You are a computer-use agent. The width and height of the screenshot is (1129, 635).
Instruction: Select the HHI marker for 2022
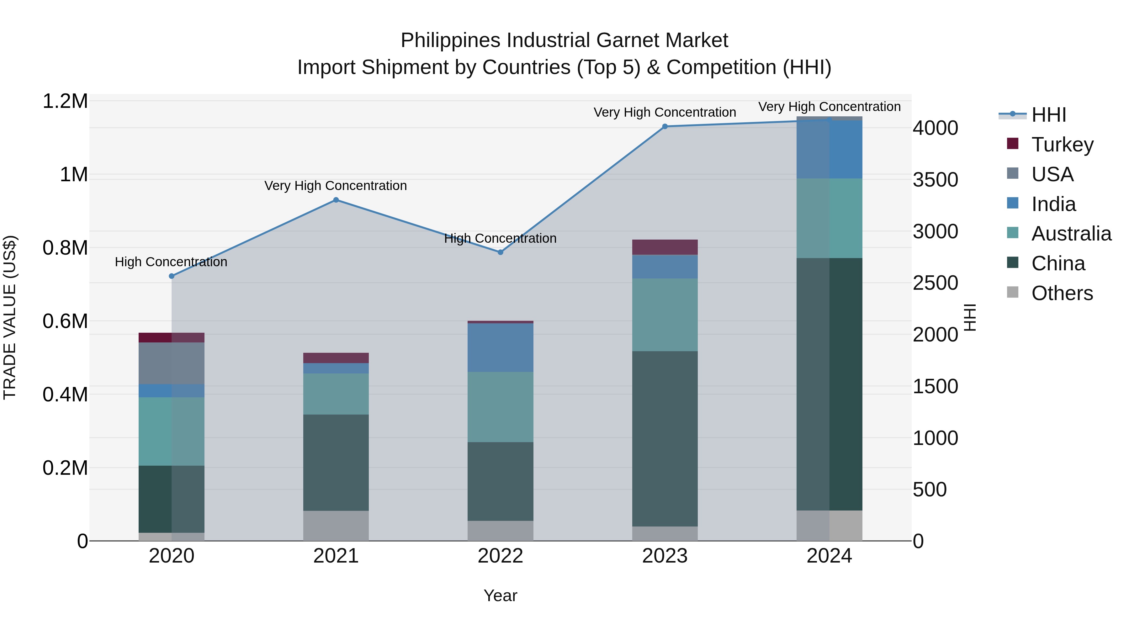point(501,252)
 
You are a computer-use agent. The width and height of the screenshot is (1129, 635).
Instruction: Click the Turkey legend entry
point(1063,145)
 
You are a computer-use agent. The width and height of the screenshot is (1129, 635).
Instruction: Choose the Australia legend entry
point(1071,234)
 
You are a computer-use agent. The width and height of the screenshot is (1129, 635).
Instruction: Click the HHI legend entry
point(1048,115)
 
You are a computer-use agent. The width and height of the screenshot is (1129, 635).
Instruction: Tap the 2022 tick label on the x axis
point(501,556)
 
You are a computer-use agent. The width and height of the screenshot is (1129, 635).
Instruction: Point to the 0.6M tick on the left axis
point(65,321)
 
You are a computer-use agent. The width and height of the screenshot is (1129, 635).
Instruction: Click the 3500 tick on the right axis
point(935,180)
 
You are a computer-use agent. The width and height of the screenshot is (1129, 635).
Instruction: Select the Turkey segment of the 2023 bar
point(665,247)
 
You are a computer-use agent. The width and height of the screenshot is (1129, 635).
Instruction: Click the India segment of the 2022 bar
point(501,347)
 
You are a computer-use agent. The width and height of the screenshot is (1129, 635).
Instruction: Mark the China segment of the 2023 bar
point(665,438)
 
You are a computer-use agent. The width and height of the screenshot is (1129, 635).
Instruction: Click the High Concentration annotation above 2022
point(500,238)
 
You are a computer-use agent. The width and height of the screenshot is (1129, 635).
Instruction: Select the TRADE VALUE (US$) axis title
point(10,318)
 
